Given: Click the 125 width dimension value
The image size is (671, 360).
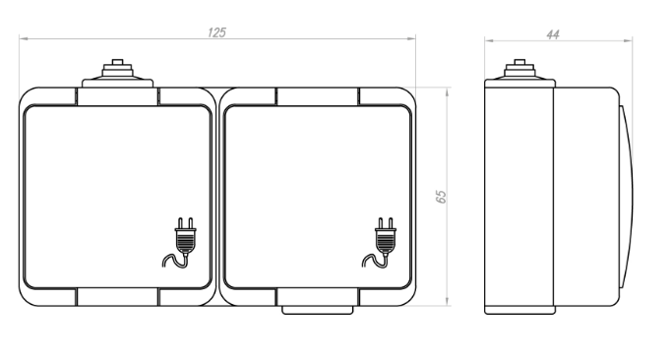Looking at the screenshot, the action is [x=217, y=32].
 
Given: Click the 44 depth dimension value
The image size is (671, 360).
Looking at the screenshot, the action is [x=553, y=34].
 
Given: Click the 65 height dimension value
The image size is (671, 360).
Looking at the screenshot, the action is [x=441, y=197].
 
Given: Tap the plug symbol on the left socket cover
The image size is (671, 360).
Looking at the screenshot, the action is [x=180, y=243].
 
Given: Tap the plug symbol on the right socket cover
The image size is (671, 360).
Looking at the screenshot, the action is [x=380, y=243].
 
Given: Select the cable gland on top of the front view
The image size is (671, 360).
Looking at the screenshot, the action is [x=117, y=74].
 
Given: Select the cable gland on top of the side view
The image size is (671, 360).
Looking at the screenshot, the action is [x=519, y=73].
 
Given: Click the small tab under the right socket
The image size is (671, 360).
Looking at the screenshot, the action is [x=318, y=311].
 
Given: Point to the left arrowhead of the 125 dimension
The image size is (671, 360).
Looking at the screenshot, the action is [x=24, y=38].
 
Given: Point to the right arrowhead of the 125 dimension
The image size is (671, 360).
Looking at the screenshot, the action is [x=411, y=38].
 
